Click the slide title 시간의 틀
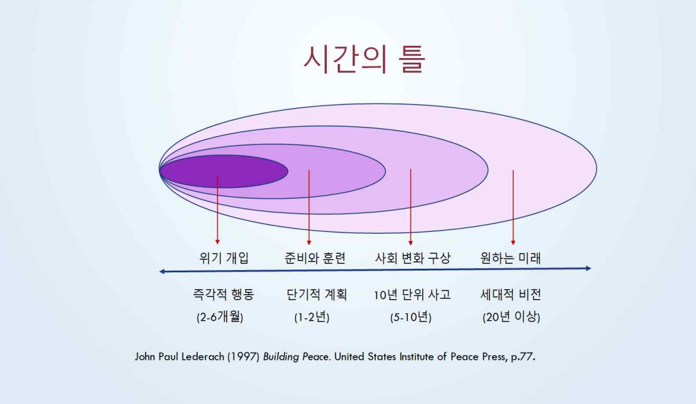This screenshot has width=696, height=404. coord(364,59)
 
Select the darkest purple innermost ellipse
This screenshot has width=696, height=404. coord(224,171)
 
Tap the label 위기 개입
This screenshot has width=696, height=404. coord(224,258)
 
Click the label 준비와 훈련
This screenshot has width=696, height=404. coord(315,258)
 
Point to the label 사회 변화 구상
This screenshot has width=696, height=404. coord(413,258)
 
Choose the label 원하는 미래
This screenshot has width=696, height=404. coord(511,258)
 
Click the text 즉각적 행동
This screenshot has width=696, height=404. coord(224,295)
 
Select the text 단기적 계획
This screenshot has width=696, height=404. coord(317,295)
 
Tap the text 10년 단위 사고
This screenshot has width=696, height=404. coord(413,295)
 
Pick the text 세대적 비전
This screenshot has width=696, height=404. coord(511,295)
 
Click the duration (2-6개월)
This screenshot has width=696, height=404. coord(220,316)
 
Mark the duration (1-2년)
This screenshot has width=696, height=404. coord(312,316)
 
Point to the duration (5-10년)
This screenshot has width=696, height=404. coord(411,316)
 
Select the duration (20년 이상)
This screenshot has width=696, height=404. coord(511,316)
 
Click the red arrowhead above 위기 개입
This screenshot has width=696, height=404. coord(217,242)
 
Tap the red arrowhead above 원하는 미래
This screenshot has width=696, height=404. coord(513,243)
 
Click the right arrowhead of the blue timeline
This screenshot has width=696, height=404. coord(588,268)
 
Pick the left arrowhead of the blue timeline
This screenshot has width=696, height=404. coord(162,271)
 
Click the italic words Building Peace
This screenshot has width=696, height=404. coord(297,357)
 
